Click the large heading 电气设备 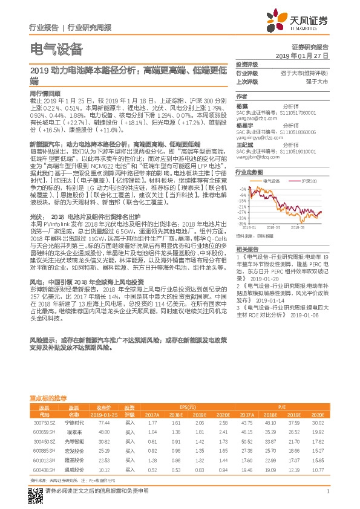[x=56, y=49]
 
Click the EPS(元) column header [x=188, y=407]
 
